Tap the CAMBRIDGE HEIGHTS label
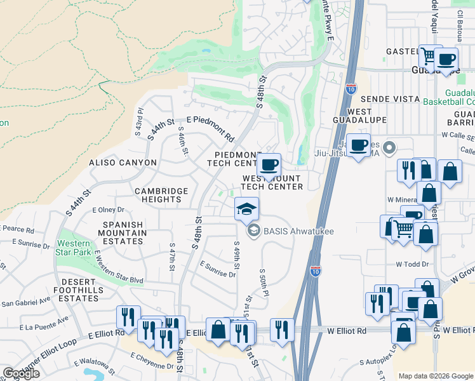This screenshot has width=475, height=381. click(161, 195)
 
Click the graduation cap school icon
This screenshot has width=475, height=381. click(247, 208)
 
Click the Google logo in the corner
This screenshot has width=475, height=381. click(21, 373)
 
